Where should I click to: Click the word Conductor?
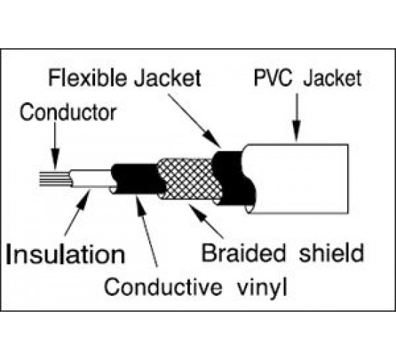tap(68, 112)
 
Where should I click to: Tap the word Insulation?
tap(66, 254)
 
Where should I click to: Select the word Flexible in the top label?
tap(87, 78)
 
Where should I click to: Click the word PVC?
tap(272, 78)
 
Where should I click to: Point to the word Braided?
tap(243, 253)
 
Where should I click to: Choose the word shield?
tap(331, 253)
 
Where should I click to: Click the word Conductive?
tap(163, 287)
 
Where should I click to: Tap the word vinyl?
tap(262, 289)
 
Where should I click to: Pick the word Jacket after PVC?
tap(333, 78)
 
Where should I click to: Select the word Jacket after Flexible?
tap(168, 78)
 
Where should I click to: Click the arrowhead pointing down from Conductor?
tap(55, 158)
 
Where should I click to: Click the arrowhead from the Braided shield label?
tap(198, 212)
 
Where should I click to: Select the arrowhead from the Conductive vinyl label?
tap(140, 206)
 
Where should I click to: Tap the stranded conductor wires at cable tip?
tap(55, 179)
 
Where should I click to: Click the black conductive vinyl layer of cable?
tap(136, 179)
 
